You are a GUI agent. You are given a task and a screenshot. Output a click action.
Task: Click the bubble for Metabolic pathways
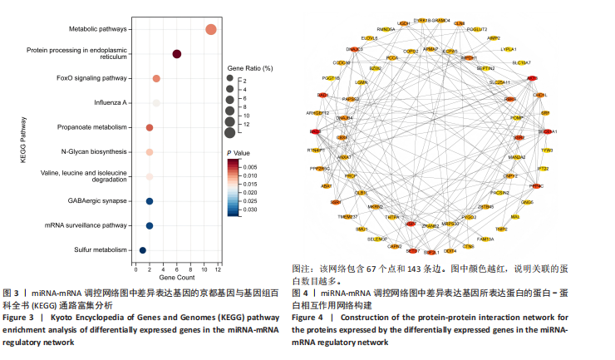coord(211,30)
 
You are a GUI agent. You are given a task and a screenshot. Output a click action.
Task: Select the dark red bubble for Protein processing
coord(177,54)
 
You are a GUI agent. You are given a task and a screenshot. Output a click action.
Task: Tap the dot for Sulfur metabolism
coord(143,249)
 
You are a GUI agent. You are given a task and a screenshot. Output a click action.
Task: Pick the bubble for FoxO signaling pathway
coord(156,78)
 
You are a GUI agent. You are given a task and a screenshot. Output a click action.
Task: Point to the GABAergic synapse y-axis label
coord(97,201)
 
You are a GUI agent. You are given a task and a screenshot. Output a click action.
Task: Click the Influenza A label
coord(111,103)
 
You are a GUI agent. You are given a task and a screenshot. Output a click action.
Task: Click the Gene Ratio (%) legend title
coord(251,66)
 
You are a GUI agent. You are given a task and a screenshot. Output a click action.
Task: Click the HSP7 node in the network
coord(411,224)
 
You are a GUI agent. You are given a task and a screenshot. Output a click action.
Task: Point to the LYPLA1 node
coord(508,49)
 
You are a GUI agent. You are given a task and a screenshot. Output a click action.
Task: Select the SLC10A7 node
coord(523,63)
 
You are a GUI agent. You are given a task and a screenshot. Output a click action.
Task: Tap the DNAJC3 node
coord(354,49)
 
